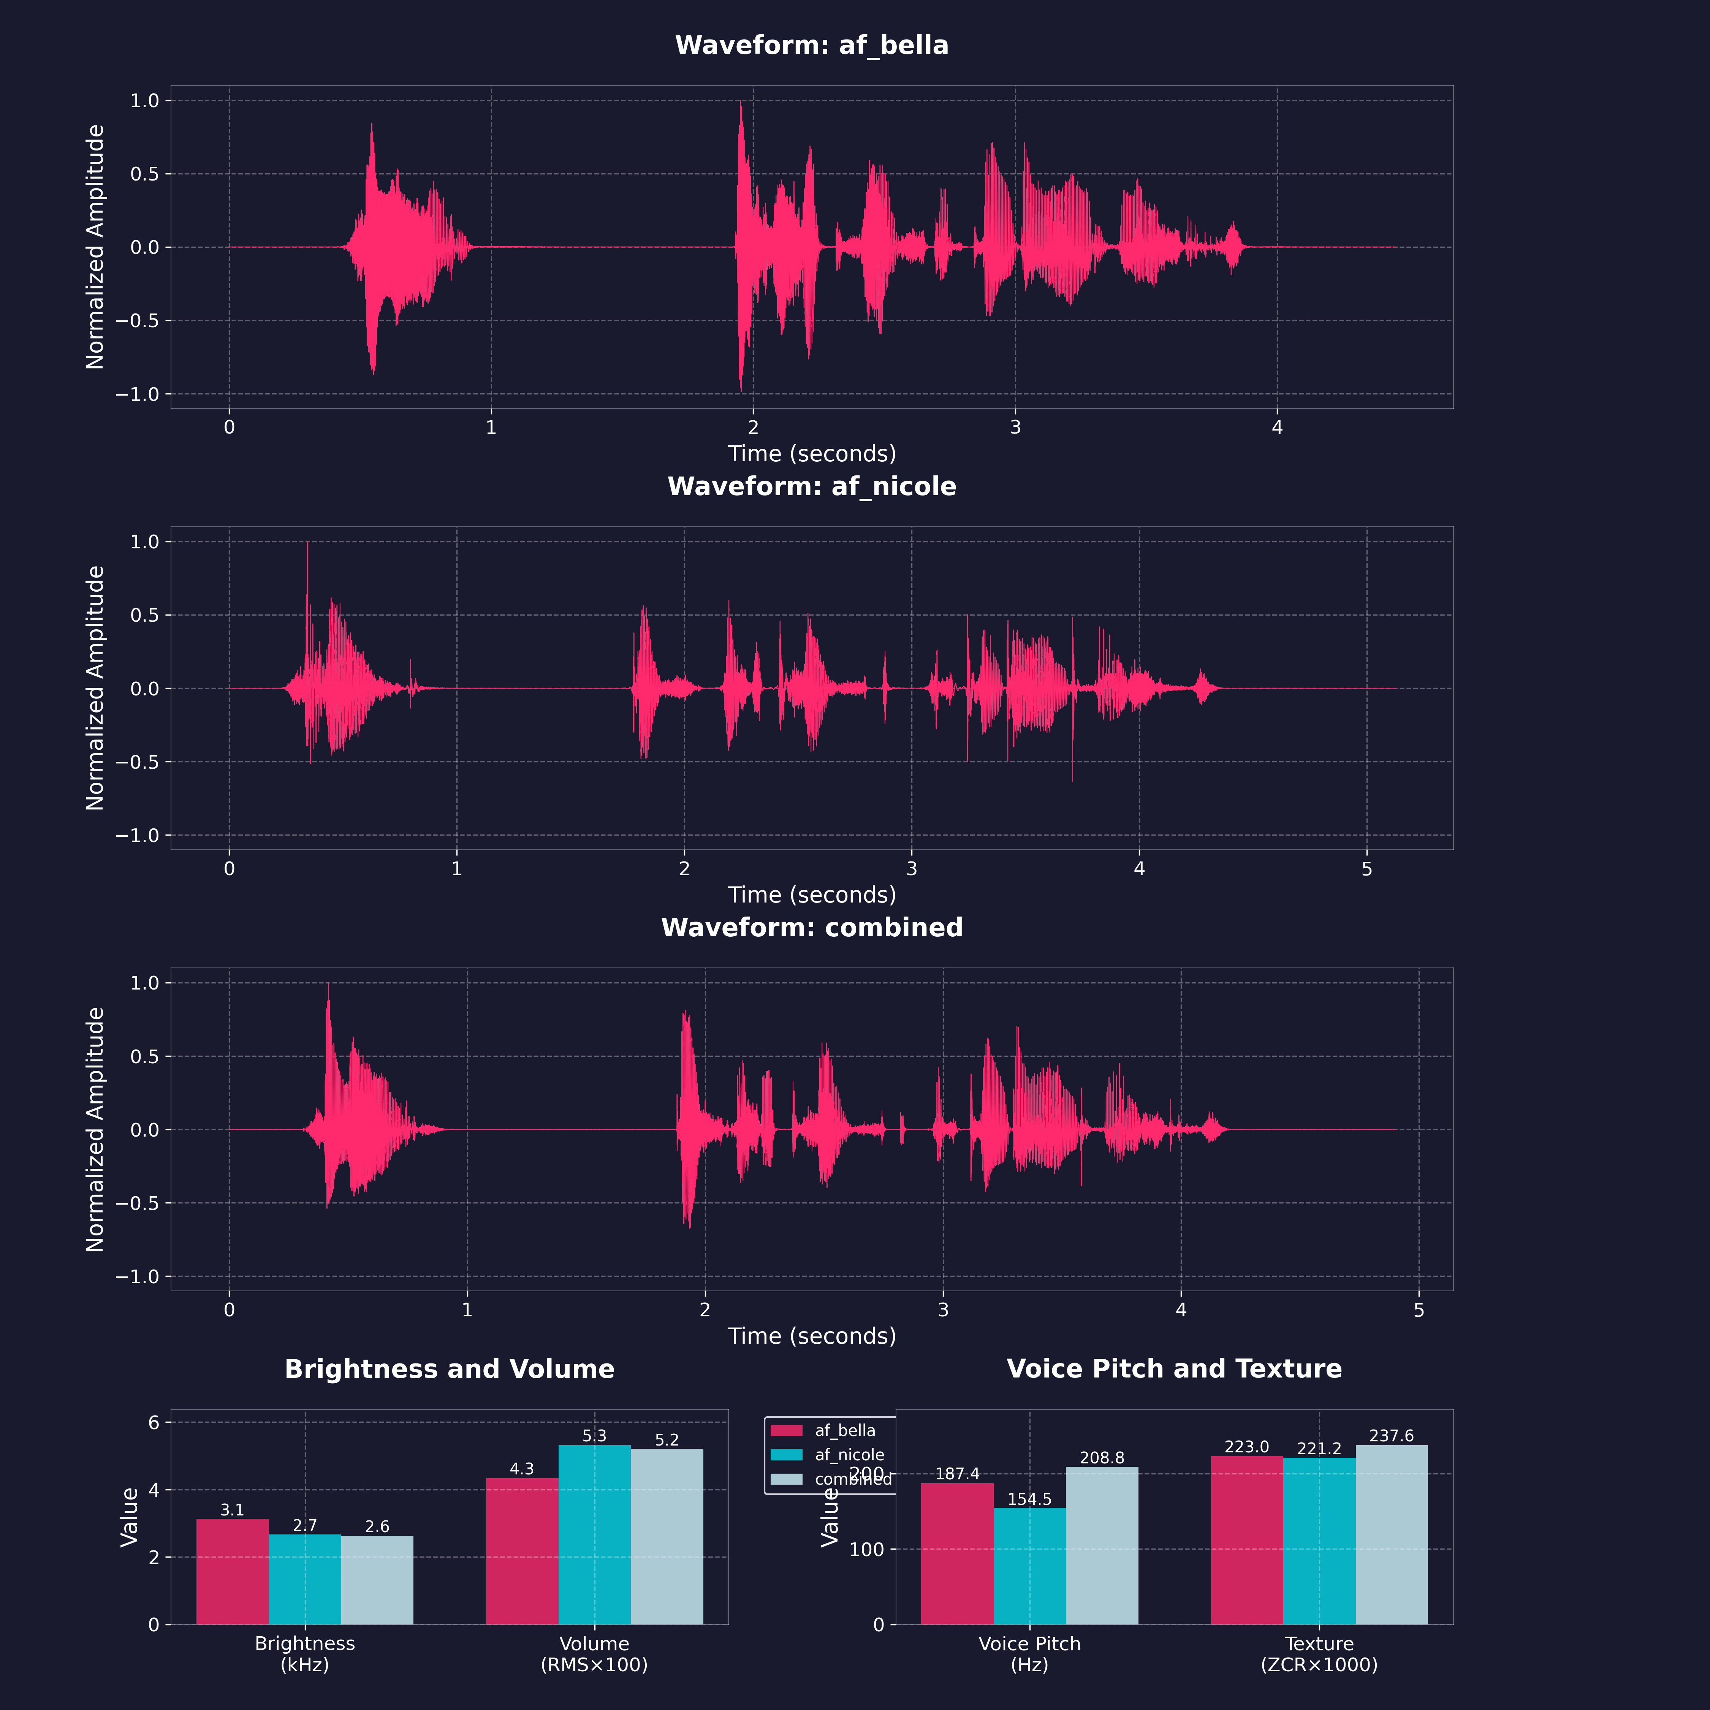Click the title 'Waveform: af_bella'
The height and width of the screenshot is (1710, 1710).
812,45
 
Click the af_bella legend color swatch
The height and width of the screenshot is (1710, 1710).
786,1430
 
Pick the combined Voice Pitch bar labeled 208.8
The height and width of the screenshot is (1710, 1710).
1102,1545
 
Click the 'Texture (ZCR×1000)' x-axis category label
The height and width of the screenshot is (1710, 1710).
1319,1653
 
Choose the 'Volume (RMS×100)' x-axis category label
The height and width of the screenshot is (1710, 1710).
594,1653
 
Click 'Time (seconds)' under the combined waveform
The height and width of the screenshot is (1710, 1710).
812,1336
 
